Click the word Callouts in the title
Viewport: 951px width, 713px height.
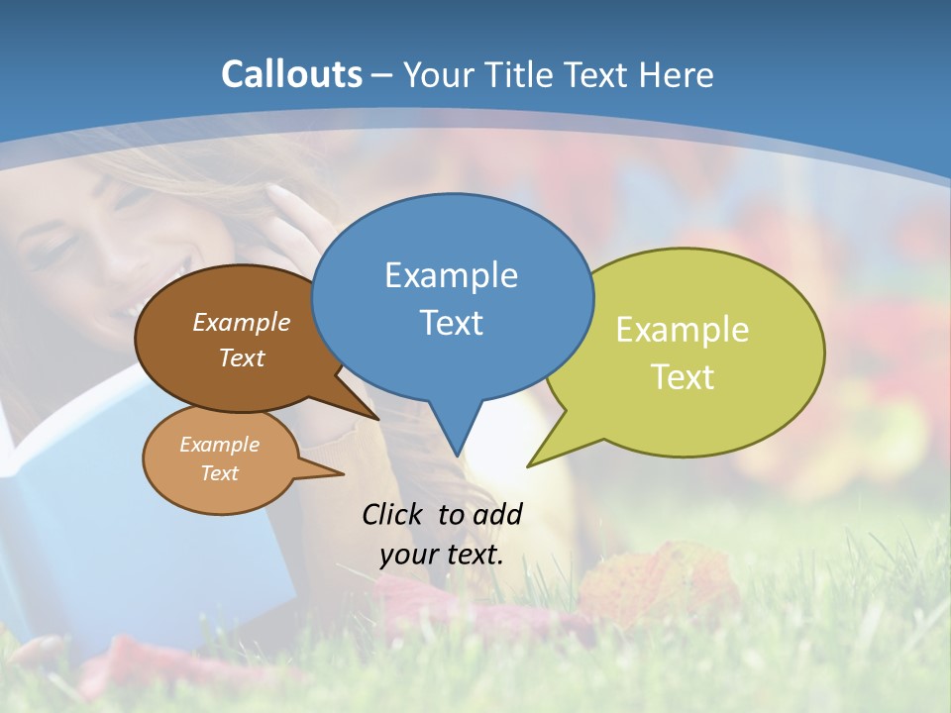click(291, 74)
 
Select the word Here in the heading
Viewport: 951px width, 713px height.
click(674, 74)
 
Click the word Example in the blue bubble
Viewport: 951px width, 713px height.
click(451, 275)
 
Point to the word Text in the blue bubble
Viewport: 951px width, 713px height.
click(451, 323)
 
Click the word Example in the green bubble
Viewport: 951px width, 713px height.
click(683, 330)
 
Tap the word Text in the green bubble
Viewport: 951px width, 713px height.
click(683, 377)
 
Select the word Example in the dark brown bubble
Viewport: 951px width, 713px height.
click(241, 323)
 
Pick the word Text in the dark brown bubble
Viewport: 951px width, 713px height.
click(241, 357)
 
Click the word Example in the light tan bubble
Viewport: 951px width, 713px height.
click(219, 445)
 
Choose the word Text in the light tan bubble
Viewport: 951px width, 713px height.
click(219, 473)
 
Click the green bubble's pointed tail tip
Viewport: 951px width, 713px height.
click(529, 465)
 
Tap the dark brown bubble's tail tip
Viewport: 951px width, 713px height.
click(378, 419)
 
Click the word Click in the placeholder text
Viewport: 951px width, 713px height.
click(393, 514)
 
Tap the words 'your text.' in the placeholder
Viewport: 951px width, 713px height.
click(441, 555)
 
